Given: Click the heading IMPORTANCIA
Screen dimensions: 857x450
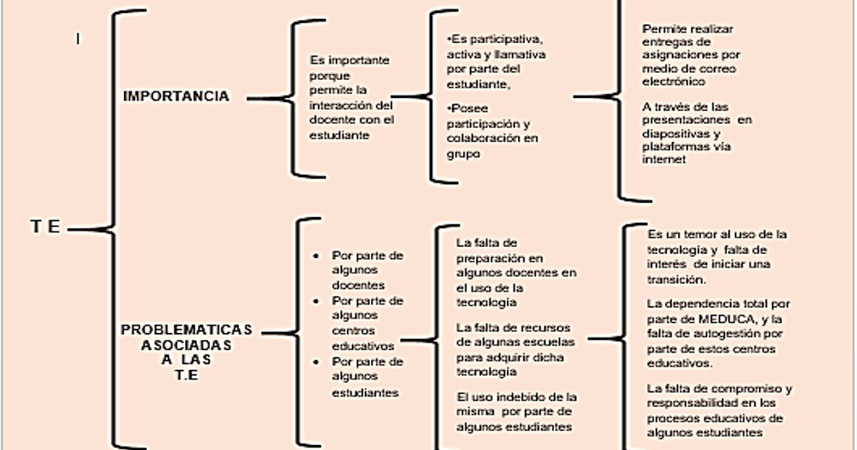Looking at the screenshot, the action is coord(176,96).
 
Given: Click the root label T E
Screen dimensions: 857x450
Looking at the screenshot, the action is coord(46,228).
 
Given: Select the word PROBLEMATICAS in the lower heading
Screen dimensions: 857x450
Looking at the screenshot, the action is coord(187,330).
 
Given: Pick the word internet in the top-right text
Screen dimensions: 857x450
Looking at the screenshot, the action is coord(664,160).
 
